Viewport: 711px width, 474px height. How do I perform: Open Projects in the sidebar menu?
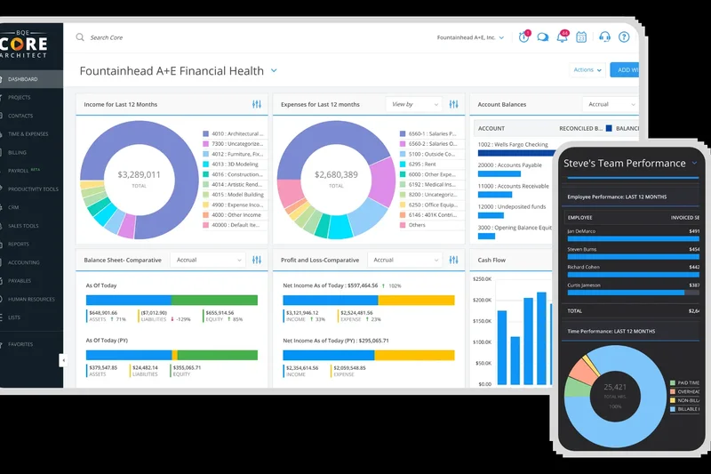pos(20,97)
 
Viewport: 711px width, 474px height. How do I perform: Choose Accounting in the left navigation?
pos(24,262)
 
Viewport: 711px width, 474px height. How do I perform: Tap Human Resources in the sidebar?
pos(32,299)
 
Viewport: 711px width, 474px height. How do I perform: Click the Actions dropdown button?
pos(587,69)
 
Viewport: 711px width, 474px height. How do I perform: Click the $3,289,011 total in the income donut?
pos(139,175)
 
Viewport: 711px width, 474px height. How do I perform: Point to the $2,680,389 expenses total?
pos(337,175)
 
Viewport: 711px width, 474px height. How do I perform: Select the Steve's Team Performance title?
pos(625,164)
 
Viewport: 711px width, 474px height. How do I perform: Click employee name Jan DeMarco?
pos(584,230)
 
